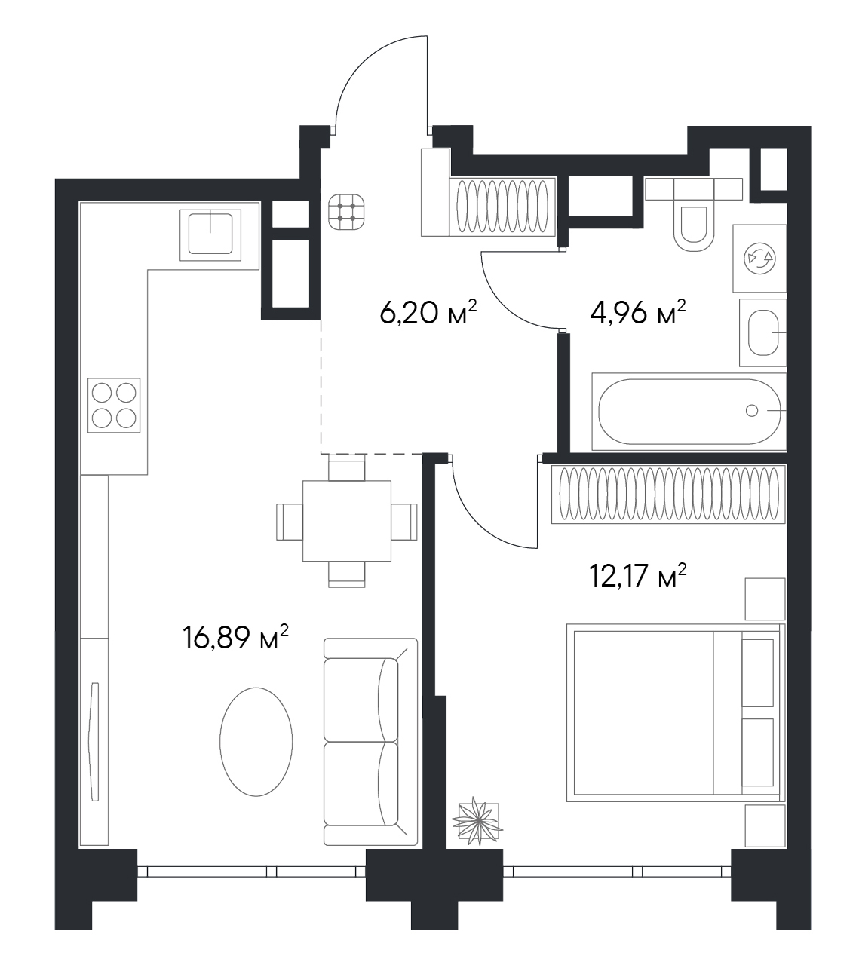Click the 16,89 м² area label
(x=235, y=638)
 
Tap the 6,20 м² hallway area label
(x=428, y=313)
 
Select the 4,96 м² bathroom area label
(x=638, y=313)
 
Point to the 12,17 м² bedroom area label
(x=638, y=575)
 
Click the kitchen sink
(x=210, y=235)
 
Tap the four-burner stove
(x=114, y=406)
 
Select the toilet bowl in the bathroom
(x=693, y=226)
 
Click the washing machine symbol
(x=759, y=258)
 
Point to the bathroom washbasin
(x=763, y=332)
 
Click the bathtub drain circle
(x=752, y=411)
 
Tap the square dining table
(x=347, y=521)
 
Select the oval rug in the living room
(x=256, y=742)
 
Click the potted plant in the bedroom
(x=477, y=822)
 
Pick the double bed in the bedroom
(x=676, y=713)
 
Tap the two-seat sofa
(x=370, y=741)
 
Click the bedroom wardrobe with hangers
(x=668, y=494)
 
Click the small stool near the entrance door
(x=346, y=212)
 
